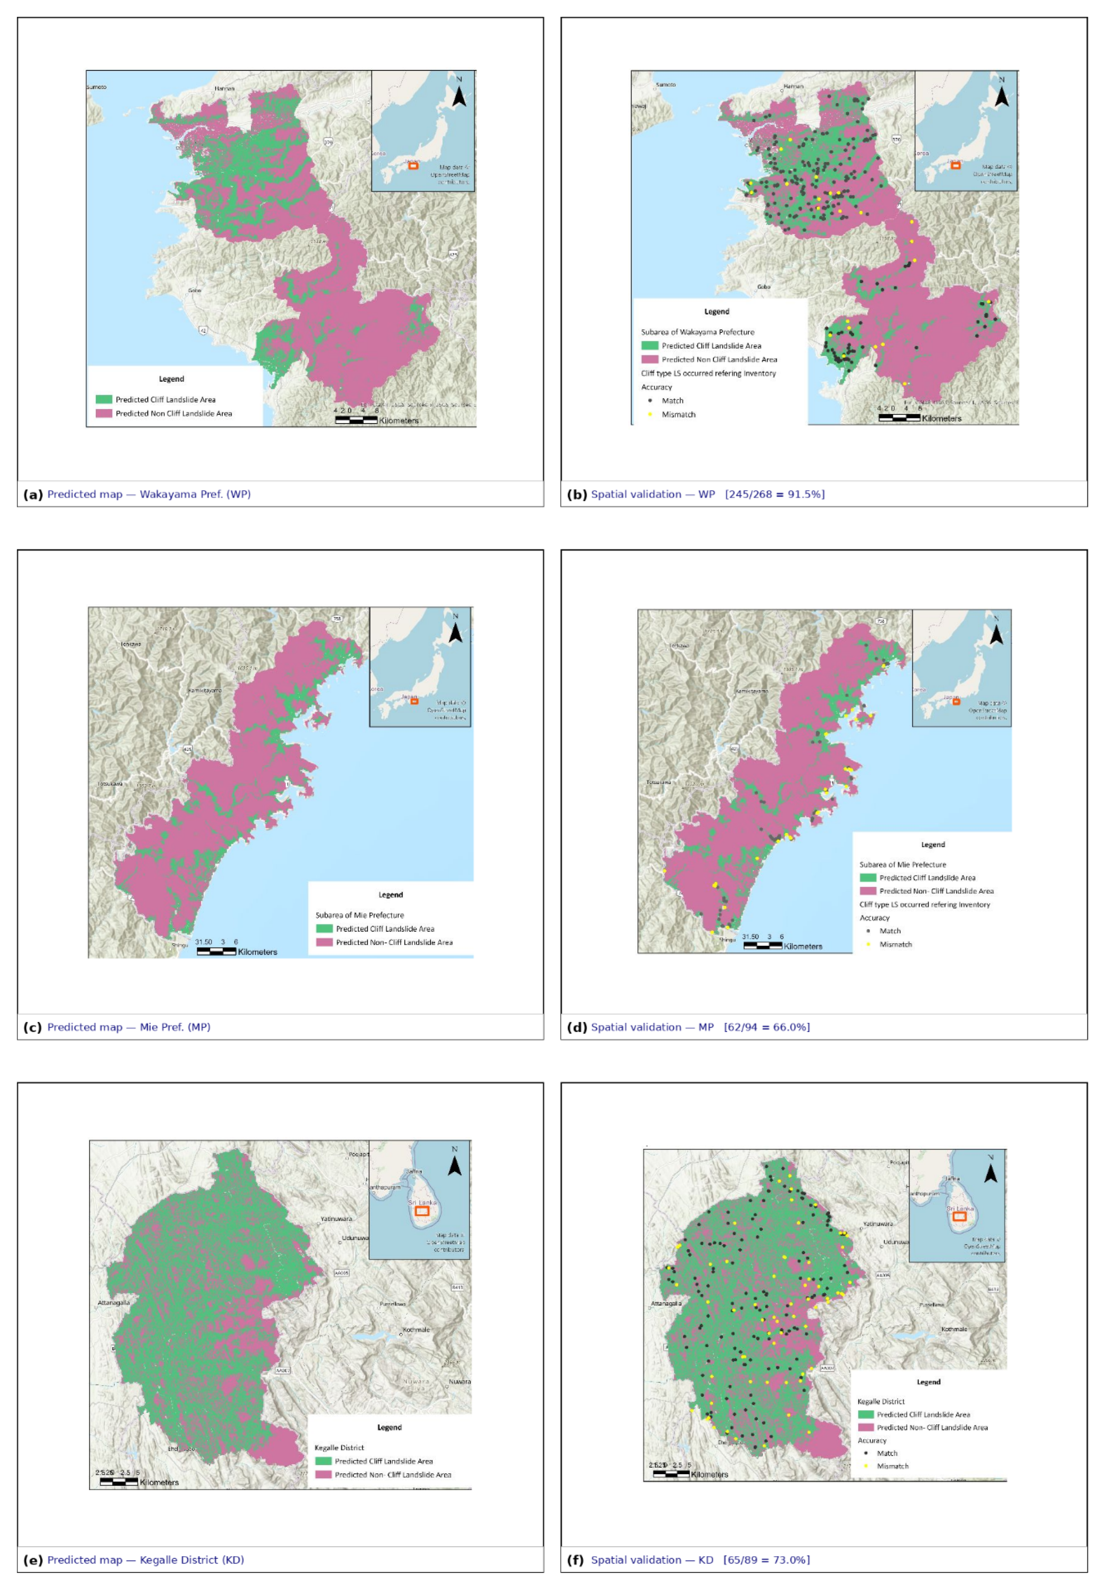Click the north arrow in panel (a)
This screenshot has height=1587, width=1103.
[x=459, y=93]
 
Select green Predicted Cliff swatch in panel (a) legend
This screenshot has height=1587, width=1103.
[x=104, y=399]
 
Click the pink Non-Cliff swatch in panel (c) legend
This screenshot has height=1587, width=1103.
[x=324, y=942]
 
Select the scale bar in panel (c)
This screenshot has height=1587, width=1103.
[x=216, y=951]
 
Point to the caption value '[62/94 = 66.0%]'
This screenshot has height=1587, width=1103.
[x=766, y=1027]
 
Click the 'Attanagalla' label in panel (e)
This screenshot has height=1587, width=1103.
[x=113, y=1302]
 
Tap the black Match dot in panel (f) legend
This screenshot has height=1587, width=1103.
[x=865, y=1453]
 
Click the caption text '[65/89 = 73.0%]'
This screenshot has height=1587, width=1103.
[x=766, y=1559]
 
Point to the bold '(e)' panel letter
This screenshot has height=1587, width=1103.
[x=32, y=1559]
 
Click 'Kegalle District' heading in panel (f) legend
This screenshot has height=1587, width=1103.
[x=881, y=1401]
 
